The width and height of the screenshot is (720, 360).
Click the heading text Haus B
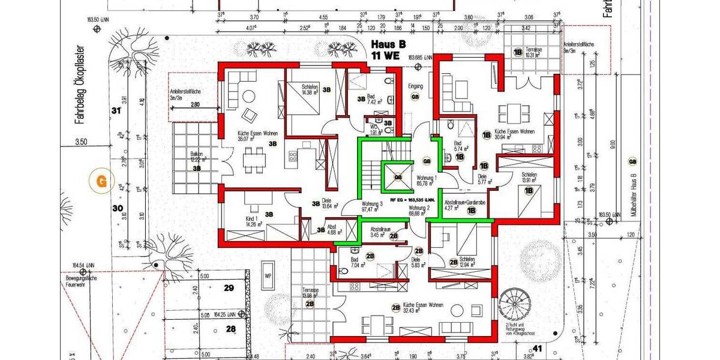pos(388,44)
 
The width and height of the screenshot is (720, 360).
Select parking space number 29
pos(229,288)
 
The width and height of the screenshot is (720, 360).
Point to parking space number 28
pos(231,328)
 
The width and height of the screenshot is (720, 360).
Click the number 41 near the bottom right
pos(537,347)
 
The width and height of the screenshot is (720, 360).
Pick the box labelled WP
pos(268,277)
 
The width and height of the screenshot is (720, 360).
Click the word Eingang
pos(415,86)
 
